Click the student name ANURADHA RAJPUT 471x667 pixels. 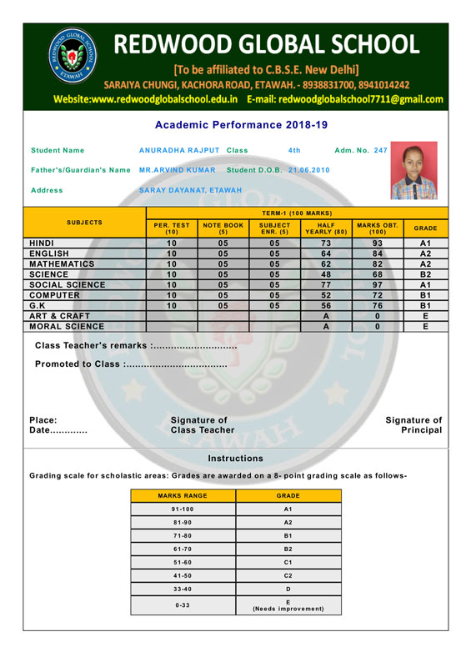click(185, 150)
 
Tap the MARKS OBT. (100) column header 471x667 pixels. click(377, 228)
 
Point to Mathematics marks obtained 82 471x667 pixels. click(377, 258)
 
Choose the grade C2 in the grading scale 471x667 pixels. click(288, 574)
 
